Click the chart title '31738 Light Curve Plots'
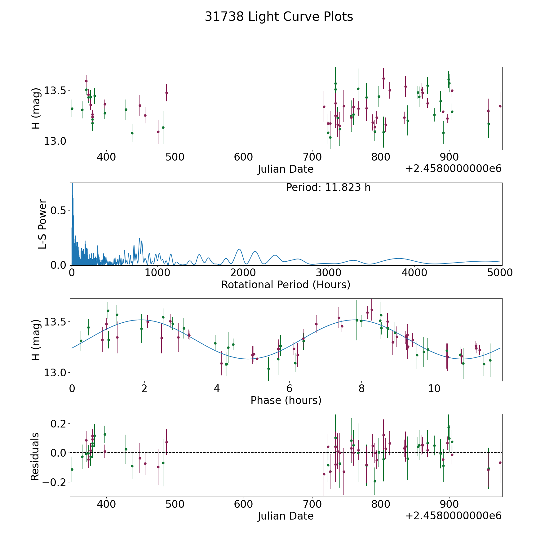279,17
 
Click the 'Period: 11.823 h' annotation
328,188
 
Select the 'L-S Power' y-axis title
42,224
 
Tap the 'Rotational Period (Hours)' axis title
286,285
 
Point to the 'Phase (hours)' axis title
286,400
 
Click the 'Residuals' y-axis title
35,456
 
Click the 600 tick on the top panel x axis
243,157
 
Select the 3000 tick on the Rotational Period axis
329,273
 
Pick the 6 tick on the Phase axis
289,388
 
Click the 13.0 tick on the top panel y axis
55,141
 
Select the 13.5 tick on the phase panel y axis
55,322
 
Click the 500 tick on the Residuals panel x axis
175,504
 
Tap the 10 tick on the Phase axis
434,388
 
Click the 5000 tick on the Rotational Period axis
500,273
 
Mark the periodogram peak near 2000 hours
239,249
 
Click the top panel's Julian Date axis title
286,169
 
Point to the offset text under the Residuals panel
453,516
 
